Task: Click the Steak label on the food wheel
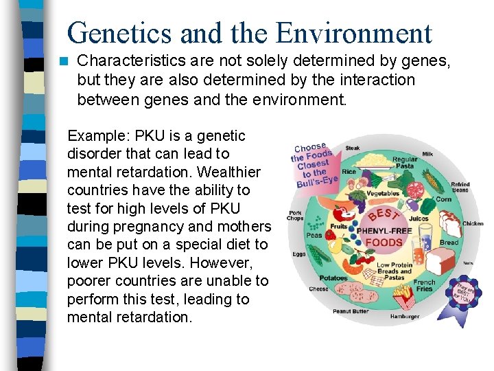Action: [x=353, y=148]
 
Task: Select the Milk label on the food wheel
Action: [x=427, y=154]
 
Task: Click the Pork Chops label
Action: [x=296, y=216]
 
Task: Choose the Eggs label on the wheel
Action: [x=299, y=254]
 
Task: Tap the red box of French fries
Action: [x=404, y=296]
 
